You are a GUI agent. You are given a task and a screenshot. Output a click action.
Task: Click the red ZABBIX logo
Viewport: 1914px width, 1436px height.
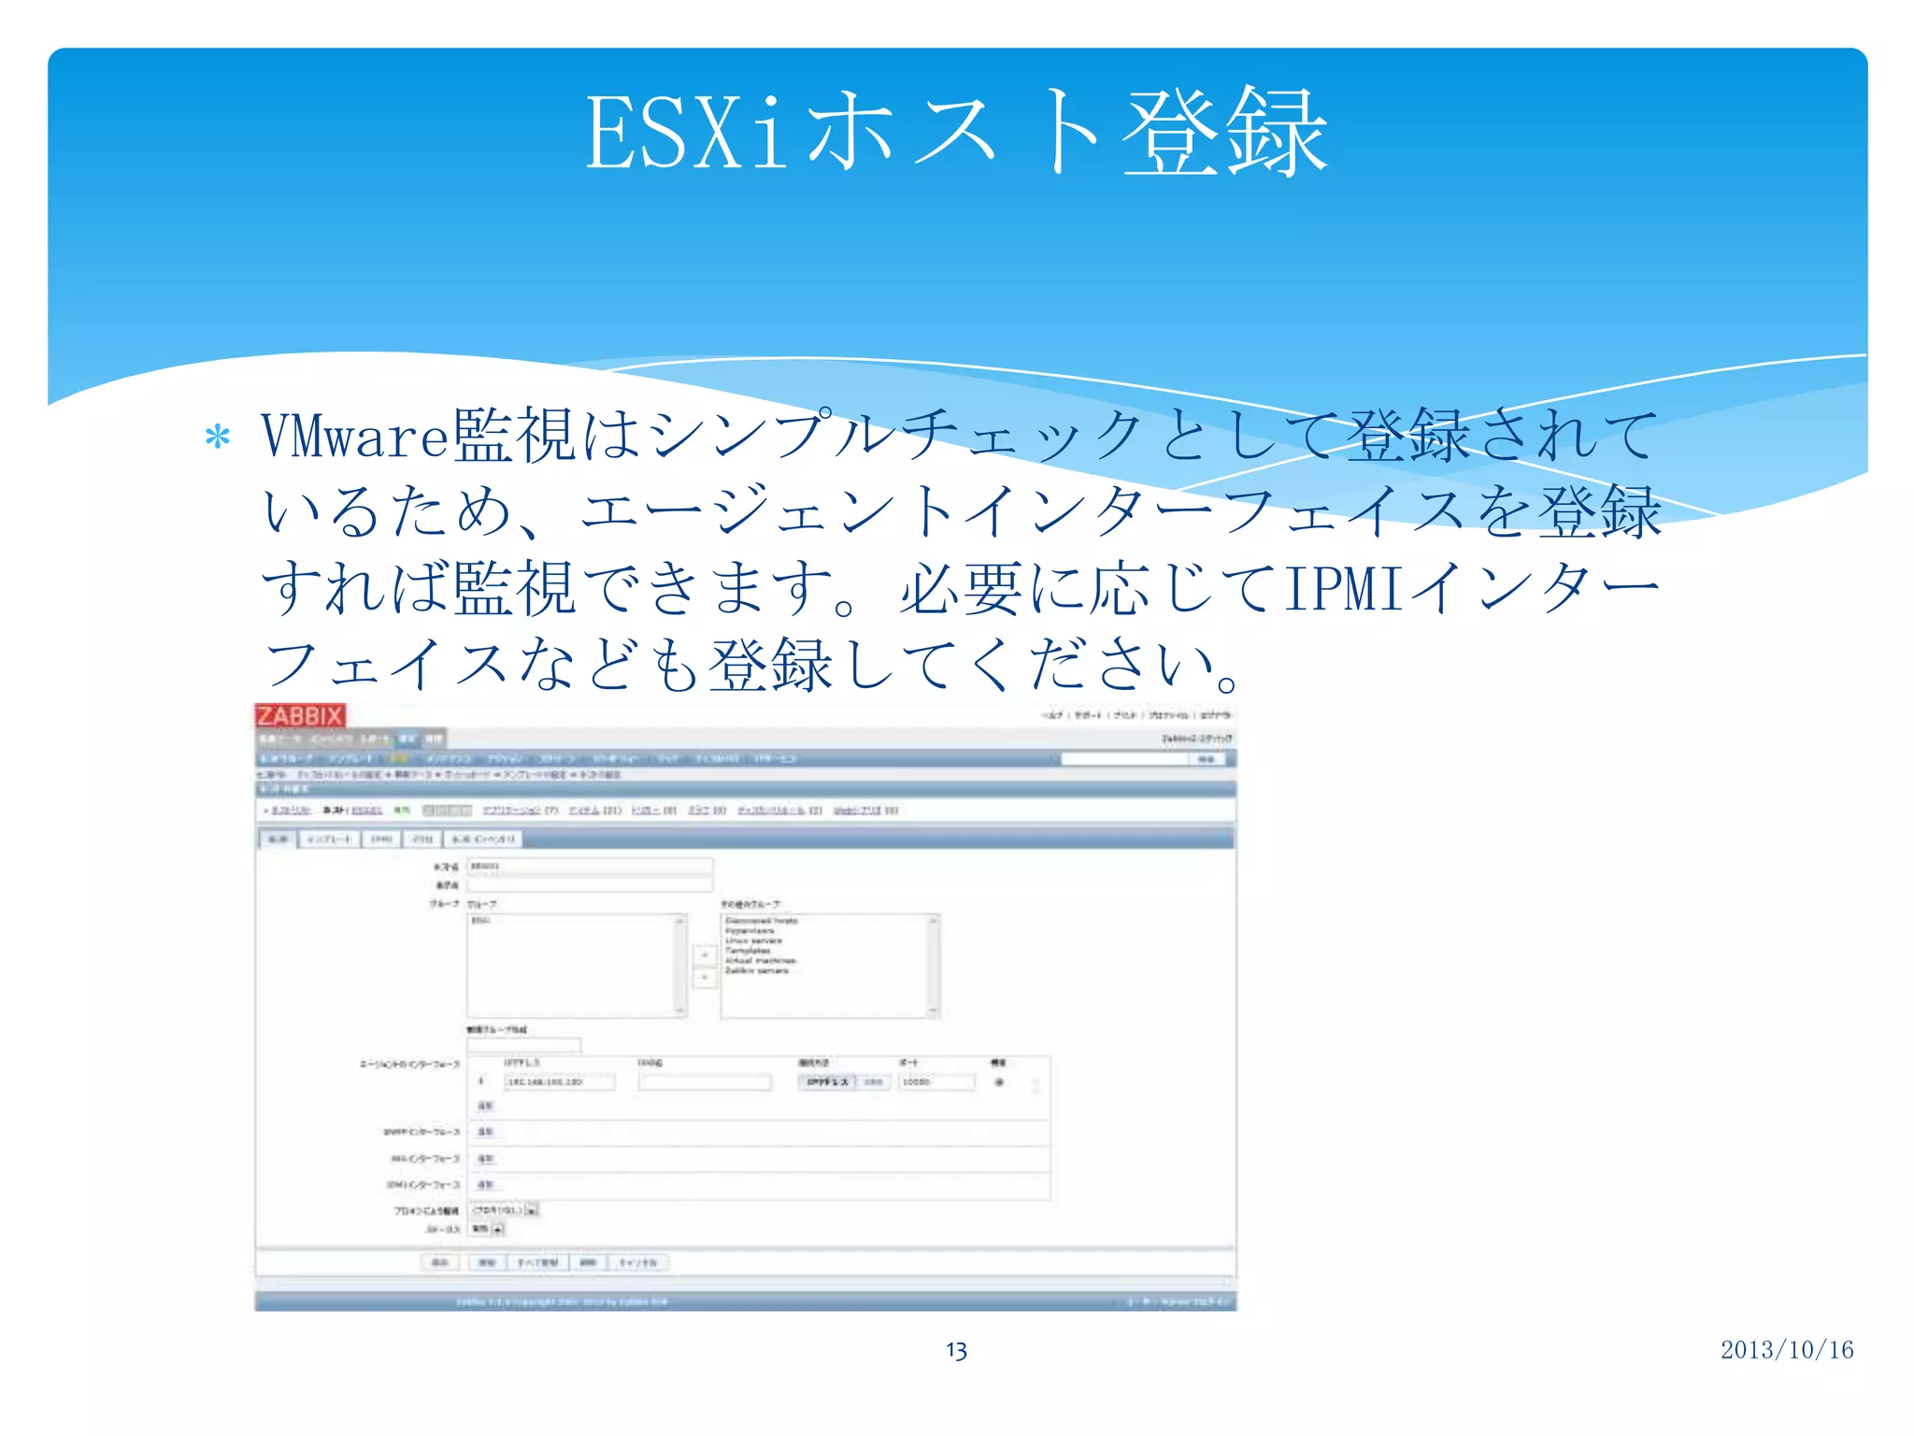300,716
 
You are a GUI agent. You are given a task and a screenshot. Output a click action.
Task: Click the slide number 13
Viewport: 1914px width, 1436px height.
956,1350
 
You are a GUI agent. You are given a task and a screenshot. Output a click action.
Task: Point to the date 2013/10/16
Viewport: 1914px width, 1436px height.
1786,1349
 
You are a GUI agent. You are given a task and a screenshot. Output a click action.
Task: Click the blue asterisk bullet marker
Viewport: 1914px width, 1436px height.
218,438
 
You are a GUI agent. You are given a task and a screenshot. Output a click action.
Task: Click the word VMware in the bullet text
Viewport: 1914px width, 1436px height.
355,436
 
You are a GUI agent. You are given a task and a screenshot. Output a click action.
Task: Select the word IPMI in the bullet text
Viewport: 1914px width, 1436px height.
1344,589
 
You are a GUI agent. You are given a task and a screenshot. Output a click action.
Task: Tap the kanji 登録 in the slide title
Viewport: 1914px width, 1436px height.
1224,134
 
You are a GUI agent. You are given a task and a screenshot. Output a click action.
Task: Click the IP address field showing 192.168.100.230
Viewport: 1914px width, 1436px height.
559,1082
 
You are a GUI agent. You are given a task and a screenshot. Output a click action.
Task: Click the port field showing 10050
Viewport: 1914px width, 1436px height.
936,1082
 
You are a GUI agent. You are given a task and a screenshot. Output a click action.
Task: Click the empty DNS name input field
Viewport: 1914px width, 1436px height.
705,1082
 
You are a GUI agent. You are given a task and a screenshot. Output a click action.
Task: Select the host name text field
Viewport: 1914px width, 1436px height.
590,867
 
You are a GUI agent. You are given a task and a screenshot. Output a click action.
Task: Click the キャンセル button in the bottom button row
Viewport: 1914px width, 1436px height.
638,1262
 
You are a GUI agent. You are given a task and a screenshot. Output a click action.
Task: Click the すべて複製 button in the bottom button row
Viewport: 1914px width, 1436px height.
537,1262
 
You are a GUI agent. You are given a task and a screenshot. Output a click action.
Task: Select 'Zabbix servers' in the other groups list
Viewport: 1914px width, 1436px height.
757,970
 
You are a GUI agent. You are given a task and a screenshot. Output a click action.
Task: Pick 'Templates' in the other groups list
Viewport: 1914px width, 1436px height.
748,950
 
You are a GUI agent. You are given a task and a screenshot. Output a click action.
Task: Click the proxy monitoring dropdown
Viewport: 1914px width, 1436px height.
505,1210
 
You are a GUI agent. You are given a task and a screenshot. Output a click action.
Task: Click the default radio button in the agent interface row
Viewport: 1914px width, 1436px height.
999,1083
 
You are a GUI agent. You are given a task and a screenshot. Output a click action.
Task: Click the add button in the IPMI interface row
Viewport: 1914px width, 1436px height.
485,1185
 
